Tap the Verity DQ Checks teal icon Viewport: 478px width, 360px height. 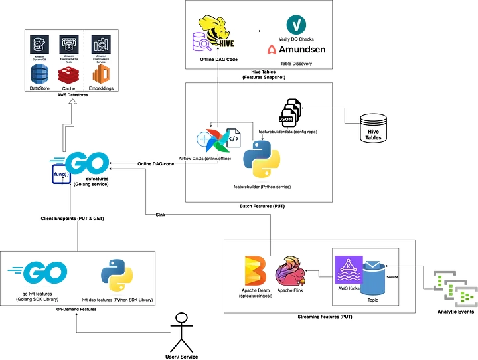(x=296, y=24)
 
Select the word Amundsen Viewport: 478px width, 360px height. (x=302, y=49)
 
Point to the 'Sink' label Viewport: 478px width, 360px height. (x=160, y=215)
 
